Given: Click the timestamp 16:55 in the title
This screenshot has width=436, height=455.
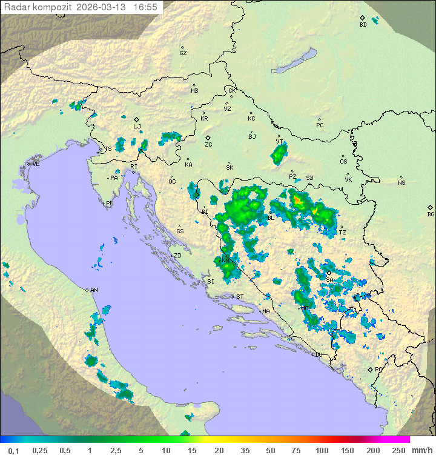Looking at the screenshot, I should pos(145,7).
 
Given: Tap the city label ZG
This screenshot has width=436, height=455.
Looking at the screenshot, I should pos(208,145).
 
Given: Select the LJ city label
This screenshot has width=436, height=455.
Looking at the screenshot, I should pos(137,127).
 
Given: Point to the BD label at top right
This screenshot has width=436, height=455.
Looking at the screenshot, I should pos(363,25).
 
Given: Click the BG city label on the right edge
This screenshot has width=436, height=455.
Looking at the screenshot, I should pos(431,214).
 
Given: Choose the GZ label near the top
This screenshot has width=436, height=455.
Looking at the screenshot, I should pos(183,53).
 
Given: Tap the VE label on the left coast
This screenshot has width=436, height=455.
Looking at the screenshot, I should pos(36,164).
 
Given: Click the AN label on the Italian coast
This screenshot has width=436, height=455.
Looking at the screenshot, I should pos(94,290).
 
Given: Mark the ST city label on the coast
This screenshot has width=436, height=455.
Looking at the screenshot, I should pos(240,296).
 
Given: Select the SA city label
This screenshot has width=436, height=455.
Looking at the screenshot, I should pos(329,279).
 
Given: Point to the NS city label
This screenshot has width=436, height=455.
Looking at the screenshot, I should pos(401,182).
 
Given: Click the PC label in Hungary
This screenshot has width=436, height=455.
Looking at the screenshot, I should pos(320,125).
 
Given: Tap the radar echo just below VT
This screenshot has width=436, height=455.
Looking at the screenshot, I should pos(279,155).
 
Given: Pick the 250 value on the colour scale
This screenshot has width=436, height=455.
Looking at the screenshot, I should pos(398,450).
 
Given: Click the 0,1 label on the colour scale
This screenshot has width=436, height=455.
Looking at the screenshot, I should pos(13,450).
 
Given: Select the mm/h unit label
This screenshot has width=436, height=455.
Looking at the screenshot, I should pos(421,450).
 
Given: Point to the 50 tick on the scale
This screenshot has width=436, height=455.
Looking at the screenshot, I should pos(270,450).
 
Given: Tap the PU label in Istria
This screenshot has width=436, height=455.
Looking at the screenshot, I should pos(110,204).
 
